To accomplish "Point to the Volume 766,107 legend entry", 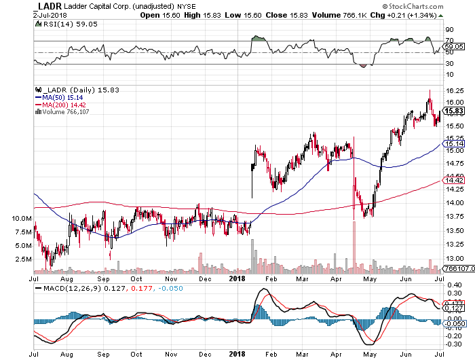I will click(x=68, y=111).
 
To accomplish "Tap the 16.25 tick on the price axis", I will click(x=454, y=90).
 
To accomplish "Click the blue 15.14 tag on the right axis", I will click(x=454, y=144).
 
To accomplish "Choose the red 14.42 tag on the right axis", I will click(x=454, y=179).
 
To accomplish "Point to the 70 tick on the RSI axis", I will click(x=449, y=41).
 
